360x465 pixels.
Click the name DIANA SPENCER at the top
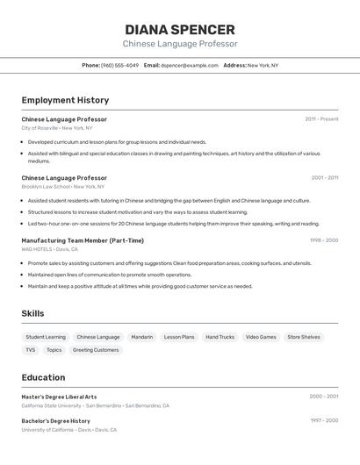(179, 29)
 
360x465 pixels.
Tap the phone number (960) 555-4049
(119, 65)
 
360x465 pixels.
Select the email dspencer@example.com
(189, 65)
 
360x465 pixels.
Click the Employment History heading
(65, 100)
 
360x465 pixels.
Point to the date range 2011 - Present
(321, 119)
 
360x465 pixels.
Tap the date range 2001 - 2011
(324, 178)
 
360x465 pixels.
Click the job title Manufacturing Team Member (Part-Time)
(83, 240)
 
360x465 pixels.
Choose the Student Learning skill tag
(46, 337)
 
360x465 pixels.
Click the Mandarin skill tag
(141, 337)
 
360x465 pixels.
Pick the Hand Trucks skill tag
(220, 337)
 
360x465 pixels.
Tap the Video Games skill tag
(261, 337)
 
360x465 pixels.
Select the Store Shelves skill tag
(304, 337)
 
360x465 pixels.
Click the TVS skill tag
(31, 350)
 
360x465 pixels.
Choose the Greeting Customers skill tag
(95, 350)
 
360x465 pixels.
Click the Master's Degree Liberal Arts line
(59, 397)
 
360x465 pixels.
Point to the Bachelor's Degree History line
(55, 421)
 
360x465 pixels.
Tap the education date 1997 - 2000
(324, 421)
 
